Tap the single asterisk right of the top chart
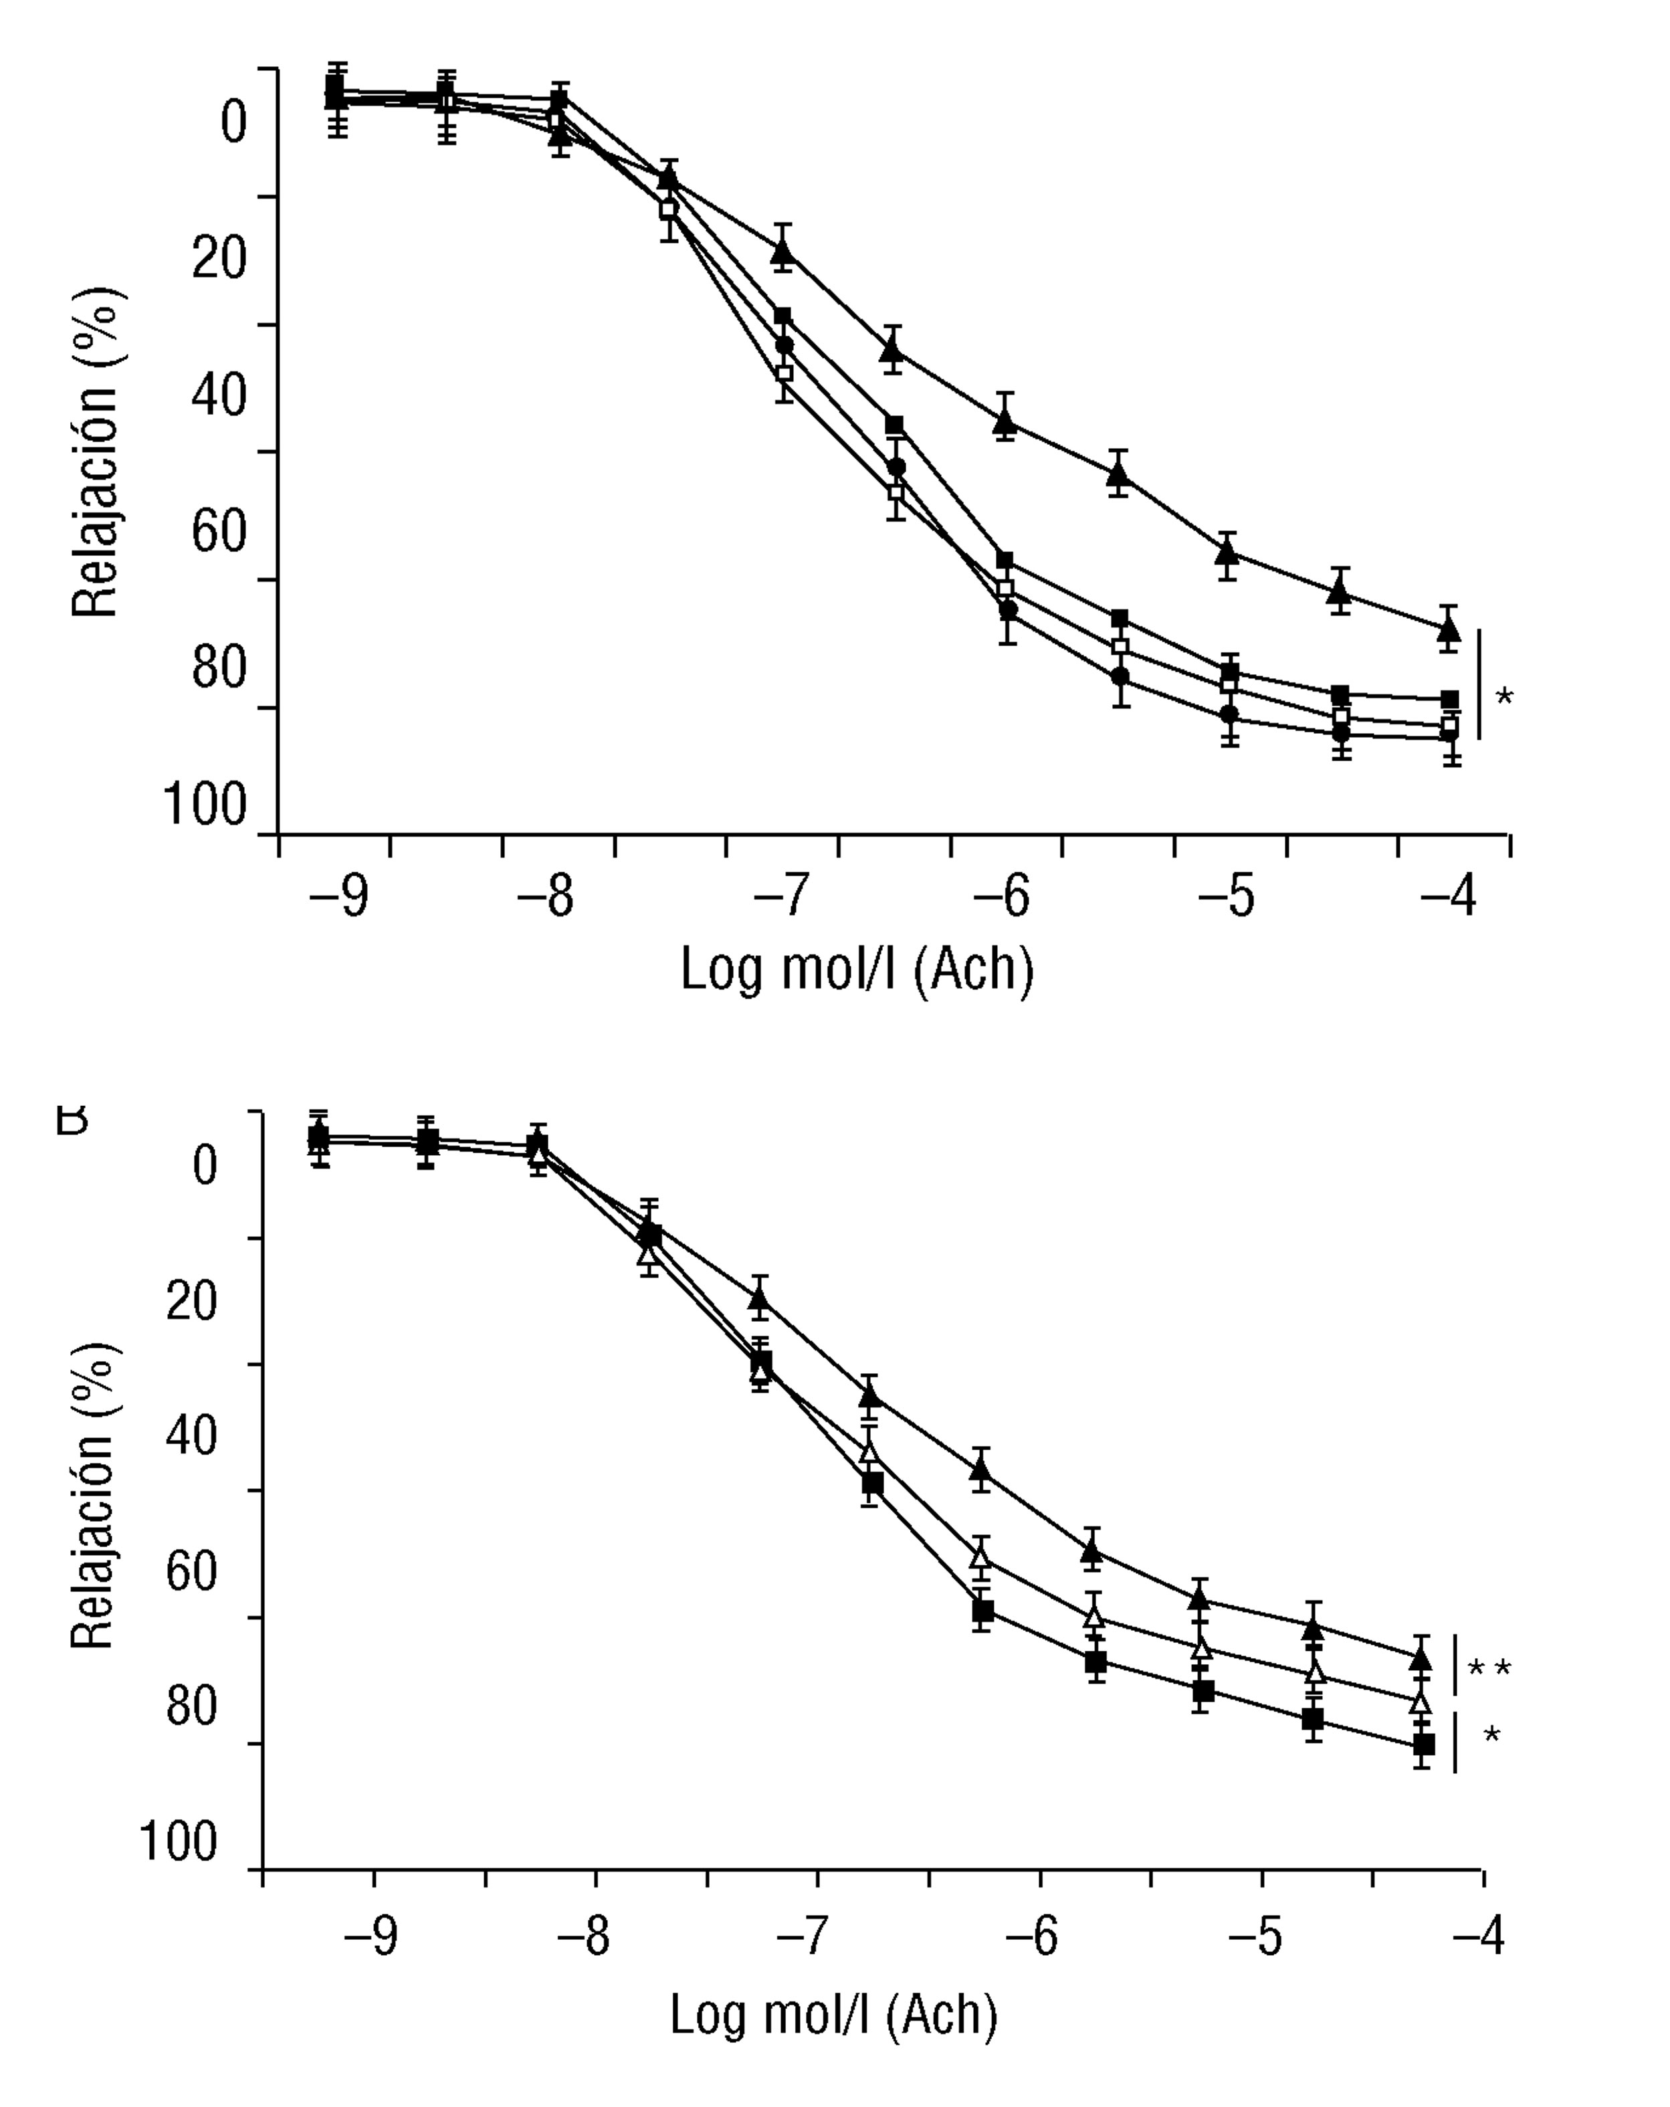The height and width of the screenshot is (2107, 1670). (x=1504, y=698)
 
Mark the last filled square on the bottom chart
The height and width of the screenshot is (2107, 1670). (x=1424, y=1743)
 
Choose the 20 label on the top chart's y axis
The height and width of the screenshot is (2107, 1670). (x=218, y=260)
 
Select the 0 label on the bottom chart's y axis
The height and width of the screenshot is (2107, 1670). (x=204, y=1166)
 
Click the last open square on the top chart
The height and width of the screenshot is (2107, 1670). (x=1449, y=725)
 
